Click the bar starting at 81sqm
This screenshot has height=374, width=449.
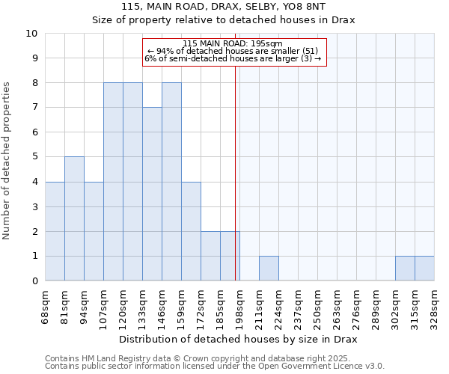coord(74,218)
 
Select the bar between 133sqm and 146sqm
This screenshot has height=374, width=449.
coord(152,194)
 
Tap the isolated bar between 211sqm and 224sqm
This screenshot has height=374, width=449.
coord(269,268)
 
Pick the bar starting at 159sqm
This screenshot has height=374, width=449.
coord(191,231)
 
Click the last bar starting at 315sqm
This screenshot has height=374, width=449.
coord(424,268)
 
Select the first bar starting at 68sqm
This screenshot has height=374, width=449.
coord(55,231)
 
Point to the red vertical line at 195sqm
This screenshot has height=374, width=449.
coord(235,172)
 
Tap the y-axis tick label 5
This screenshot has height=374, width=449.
coord(34,157)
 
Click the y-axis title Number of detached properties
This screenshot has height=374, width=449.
coord(7,161)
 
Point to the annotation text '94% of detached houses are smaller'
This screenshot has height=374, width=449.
coord(233,51)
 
